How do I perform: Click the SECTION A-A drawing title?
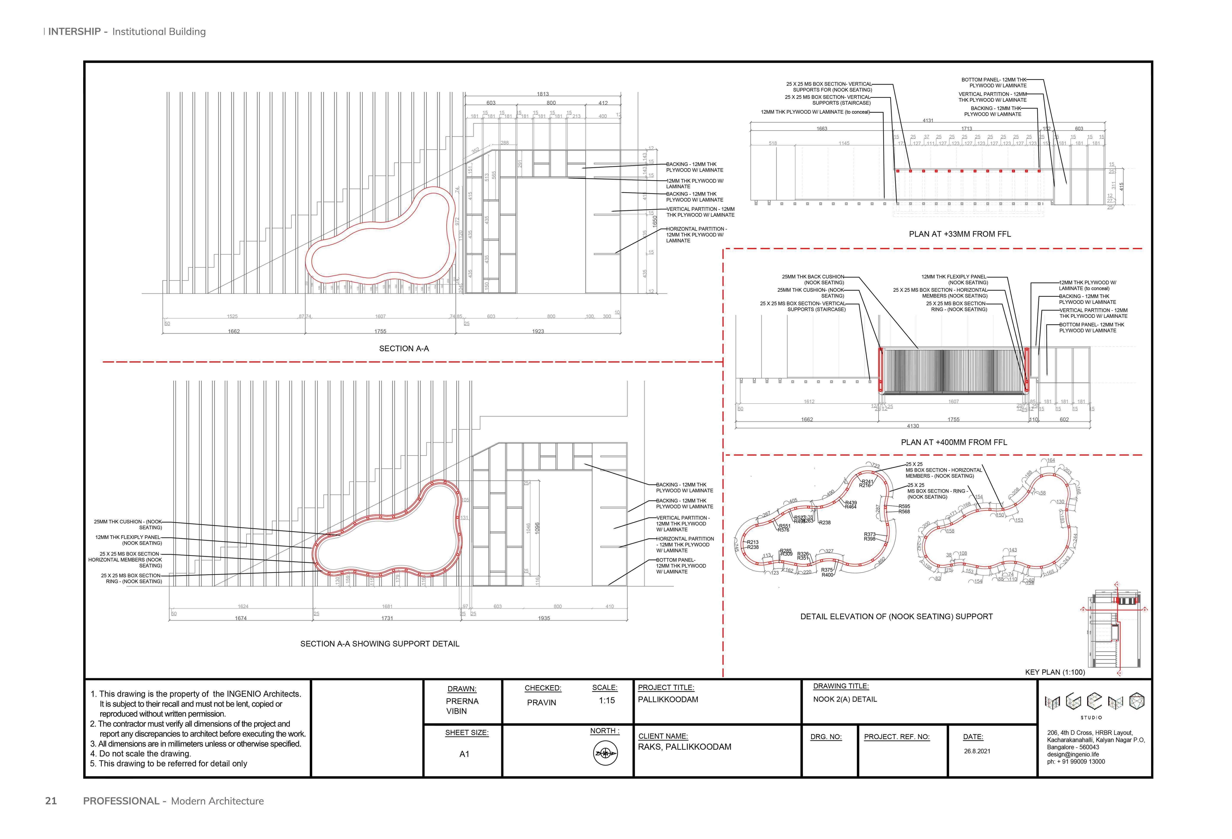point(404,348)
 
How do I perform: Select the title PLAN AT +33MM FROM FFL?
point(959,234)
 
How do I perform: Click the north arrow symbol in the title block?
point(605,753)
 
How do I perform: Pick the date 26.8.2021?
point(977,751)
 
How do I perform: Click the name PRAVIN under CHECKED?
point(541,702)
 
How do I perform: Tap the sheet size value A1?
point(464,754)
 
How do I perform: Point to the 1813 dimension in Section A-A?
point(543,94)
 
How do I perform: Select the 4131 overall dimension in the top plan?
point(928,120)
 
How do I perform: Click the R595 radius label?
point(904,506)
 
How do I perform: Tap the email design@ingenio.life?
point(1073,754)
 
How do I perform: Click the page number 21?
point(51,801)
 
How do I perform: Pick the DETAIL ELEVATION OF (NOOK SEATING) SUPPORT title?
point(896,616)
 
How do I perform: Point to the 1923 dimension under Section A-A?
point(538,331)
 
